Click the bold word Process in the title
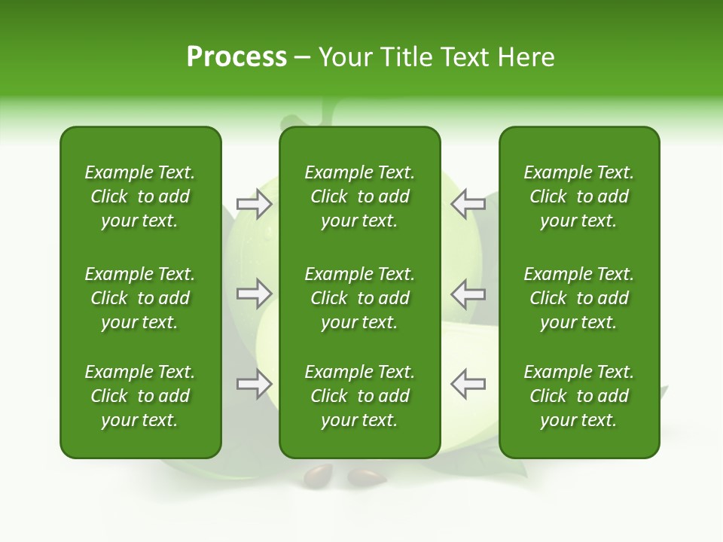click(236, 57)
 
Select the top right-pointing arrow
click(255, 204)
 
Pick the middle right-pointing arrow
click(255, 293)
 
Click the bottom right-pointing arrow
click(255, 384)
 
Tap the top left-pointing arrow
click(468, 203)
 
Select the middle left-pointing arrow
click(468, 293)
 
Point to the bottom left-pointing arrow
click(468, 384)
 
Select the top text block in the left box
click(140, 196)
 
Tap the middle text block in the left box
click(140, 298)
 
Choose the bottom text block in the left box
click(140, 396)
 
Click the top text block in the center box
click(359, 196)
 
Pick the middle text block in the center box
click(359, 298)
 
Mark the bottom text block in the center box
click(359, 396)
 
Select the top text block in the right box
click(578, 196)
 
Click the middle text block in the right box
click(578, 298)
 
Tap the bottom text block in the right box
click(578, 396)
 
